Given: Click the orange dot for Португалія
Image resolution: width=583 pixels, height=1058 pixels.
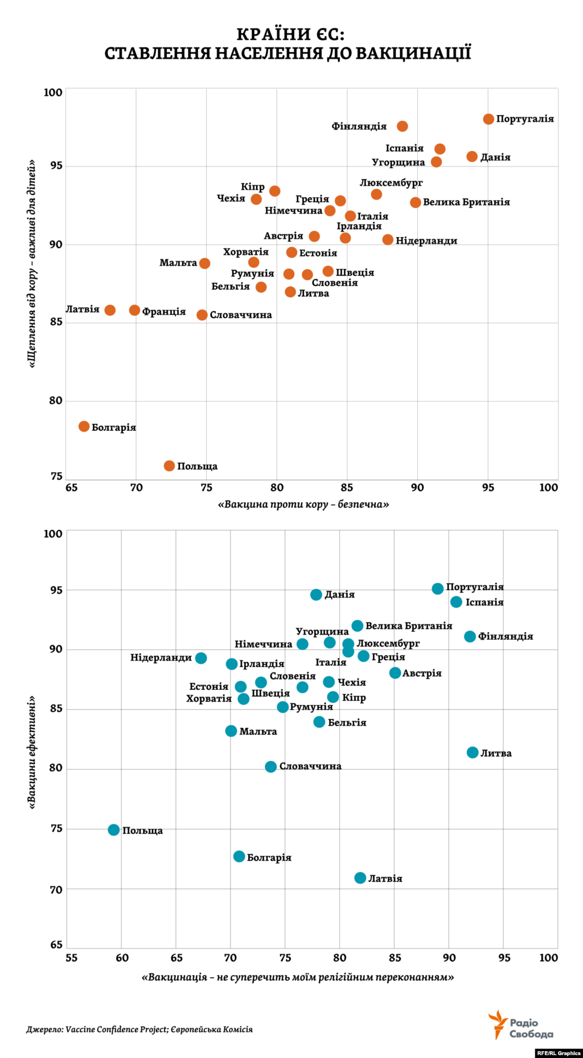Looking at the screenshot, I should click(x=488, y=119).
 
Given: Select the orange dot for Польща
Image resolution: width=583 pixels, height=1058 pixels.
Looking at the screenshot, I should click(x=169, y=466).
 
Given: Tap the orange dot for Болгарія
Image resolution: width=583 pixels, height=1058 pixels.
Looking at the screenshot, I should click(x=84, y=426).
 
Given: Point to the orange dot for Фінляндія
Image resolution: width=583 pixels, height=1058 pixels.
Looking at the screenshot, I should click(x=403, y=126).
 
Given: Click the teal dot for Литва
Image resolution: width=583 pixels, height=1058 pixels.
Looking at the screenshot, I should click(x=473, y=752).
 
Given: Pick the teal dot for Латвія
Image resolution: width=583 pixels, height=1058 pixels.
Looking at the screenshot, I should click(x=360, y=878).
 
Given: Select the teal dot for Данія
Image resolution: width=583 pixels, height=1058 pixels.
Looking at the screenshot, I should click(x=317, y=595).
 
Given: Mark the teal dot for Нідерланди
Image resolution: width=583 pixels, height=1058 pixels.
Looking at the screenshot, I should click(x=201, y=658).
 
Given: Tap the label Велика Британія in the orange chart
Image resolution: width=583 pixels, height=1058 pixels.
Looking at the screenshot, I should click(x=466, y=202).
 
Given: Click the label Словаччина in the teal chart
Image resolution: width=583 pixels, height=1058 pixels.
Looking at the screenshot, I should click(x=310, y=766).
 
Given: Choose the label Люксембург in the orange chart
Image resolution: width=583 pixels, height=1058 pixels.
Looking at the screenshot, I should click(x=391, y=183).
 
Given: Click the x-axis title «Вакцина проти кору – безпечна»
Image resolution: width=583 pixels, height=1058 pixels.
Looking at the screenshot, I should click(x=303, y=504).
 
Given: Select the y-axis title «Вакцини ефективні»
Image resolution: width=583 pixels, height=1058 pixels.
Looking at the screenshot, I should click(x=32, y=752).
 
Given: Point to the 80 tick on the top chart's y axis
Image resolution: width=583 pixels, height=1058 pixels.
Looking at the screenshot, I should click(x=55, y=401).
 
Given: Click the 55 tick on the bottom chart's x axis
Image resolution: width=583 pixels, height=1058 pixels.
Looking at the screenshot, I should click(x=71, y=958).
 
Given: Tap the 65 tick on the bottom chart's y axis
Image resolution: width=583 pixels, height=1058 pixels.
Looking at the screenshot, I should click(x=56, y=945).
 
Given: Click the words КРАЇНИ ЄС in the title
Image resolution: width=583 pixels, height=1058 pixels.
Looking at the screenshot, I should click(x=290, y=35).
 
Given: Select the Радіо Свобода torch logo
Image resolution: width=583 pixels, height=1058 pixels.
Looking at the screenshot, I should click(x=498, y=1024).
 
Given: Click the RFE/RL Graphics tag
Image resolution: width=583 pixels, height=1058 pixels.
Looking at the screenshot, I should click(x=559, y=1053).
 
